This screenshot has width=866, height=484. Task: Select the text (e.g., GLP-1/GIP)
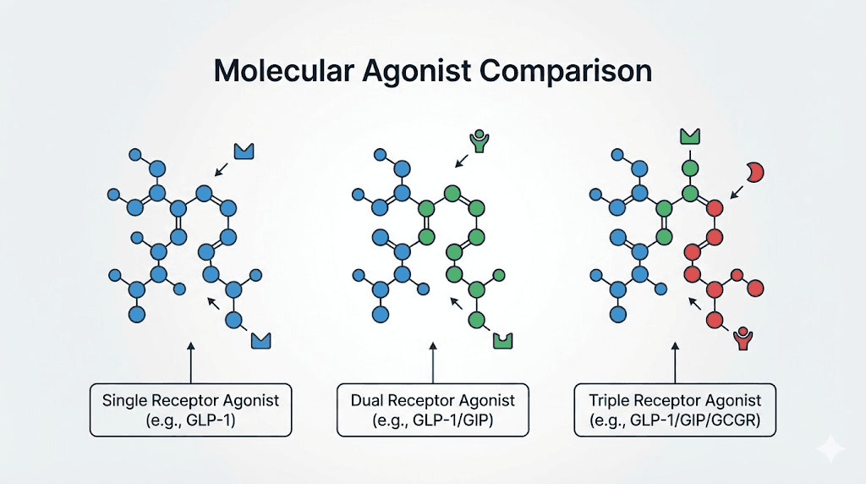coord(432,419)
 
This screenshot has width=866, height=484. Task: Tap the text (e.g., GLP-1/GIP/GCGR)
coord(674,419)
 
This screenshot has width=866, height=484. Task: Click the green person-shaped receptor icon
coord(480,140)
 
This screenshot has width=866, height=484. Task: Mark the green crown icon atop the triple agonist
coord(690,135)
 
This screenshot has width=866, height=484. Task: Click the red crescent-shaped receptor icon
coord(755,172)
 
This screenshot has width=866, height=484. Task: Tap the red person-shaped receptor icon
coord(743,339)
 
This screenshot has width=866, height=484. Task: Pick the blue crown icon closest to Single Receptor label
coord(262,340)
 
